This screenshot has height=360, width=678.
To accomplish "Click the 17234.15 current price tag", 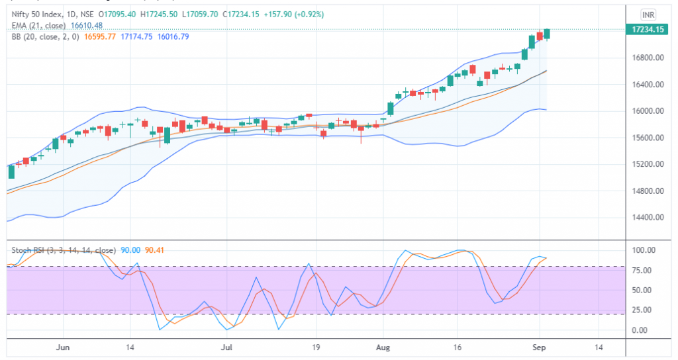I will (648, 30).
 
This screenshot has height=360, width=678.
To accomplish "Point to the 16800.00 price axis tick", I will (648, 58).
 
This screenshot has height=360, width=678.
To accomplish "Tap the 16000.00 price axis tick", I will (648, 111).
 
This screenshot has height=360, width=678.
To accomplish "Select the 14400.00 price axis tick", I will (648, 218).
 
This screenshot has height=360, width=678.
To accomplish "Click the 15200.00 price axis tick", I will (648, 165).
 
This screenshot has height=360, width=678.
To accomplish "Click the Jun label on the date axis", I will (64, 347).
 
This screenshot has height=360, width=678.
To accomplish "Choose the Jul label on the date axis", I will (227, 347).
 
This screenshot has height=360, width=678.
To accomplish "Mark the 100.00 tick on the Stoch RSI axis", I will (644, 250).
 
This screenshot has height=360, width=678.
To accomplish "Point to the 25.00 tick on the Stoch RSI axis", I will (642, 310).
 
